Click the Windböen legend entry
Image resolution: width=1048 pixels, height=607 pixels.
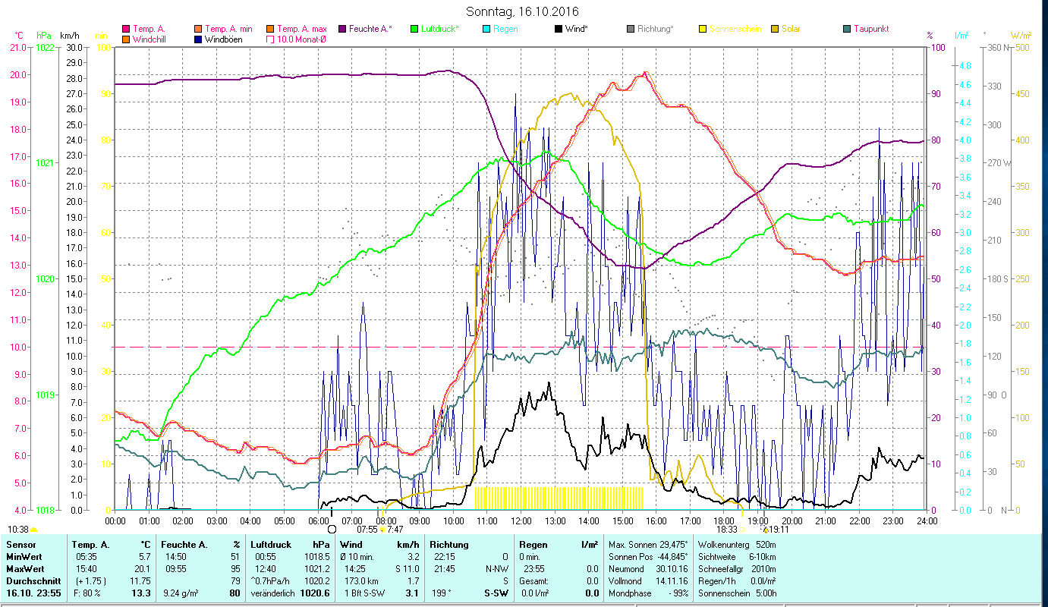pos(225,39)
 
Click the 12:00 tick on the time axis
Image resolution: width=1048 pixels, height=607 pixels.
pos(521,521)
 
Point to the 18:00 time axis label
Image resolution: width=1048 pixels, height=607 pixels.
pos(725,521)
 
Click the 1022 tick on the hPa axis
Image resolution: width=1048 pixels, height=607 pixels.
pos(45,47)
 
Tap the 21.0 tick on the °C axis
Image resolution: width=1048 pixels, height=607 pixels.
pos(17,47)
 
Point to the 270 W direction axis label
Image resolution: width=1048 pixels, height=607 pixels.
pos(997,163)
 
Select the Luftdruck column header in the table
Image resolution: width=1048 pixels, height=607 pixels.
pos(269,545)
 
